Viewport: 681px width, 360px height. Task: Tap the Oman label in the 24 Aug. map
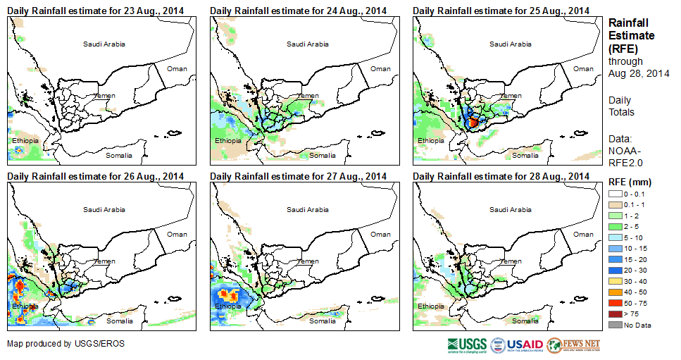click(380, 68)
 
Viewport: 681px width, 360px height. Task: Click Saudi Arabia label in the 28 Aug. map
click(511, 209)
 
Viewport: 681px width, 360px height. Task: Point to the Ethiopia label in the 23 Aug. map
click(25, 141)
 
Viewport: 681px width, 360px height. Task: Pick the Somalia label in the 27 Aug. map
click(323, 321)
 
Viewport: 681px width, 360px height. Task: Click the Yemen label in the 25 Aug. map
click(512, 95)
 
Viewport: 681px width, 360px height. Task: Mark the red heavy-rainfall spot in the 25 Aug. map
click(473, 122)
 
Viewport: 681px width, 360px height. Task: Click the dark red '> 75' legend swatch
click(616, 314)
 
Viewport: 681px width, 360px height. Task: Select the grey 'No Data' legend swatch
click(616, 325)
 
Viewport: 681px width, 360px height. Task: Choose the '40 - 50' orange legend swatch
click(616, 292)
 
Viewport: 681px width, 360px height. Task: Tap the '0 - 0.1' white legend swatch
click(616, 193)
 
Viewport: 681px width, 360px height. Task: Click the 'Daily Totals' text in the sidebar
click(622, 106)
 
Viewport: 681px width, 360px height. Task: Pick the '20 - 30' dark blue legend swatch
click(616, 270)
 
